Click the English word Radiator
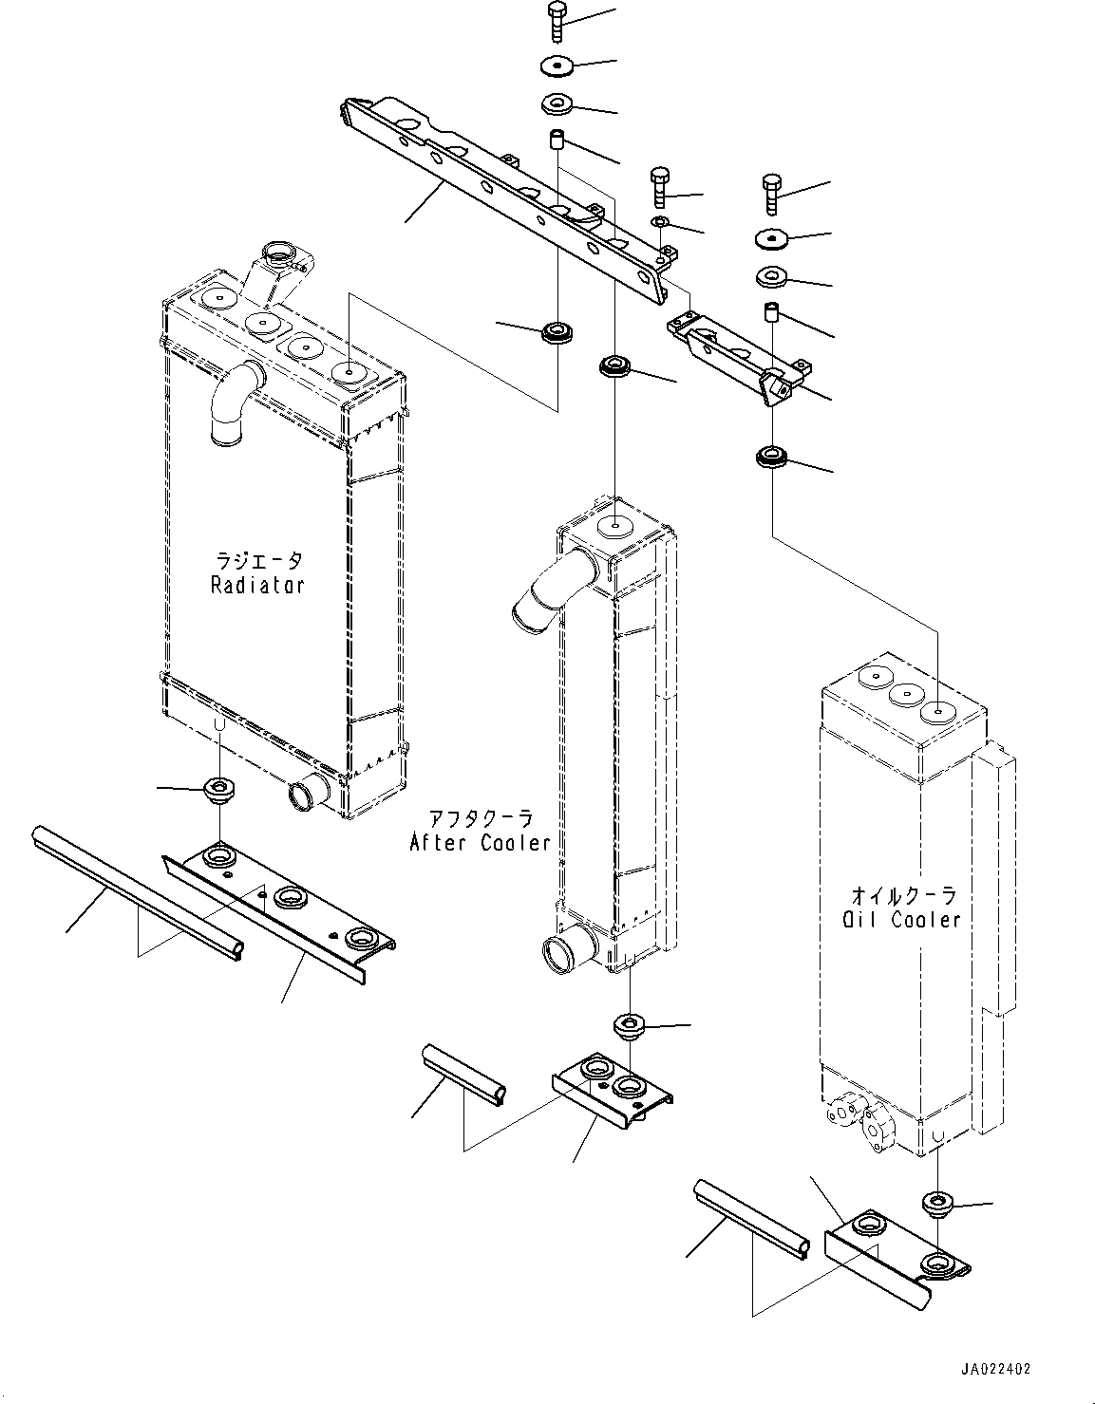click(257, 585)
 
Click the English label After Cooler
click(481, 842)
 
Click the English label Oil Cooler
click(901, 919)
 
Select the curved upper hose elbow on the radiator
click(232, 404)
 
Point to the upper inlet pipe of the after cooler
click(546, 593)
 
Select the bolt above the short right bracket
click(772, 197)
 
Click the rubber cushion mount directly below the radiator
click(219, 787)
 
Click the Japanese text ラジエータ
click(258, 561)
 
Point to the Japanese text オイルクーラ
click(902, 895)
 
